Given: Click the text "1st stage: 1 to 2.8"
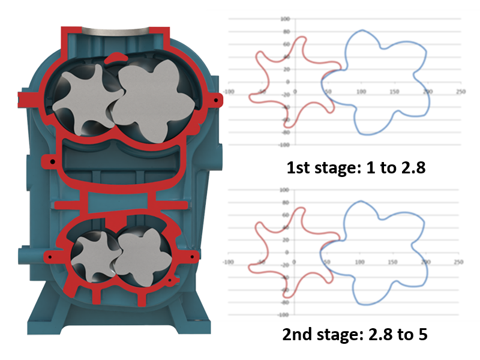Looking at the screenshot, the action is click(356, 168).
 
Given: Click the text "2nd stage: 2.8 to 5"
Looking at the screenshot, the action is click(355, 334).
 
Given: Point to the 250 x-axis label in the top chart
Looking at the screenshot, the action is click(460, 92).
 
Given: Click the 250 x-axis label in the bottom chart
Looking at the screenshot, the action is click(458, 262).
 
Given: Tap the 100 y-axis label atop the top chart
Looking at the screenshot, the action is click(285, 19).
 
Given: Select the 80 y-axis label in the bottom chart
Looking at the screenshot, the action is click(286, 202).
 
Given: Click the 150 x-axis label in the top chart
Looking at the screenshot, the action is click(394, 92).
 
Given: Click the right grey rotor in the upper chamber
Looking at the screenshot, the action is click(153, 101).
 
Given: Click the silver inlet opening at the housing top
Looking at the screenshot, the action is click(115, 32).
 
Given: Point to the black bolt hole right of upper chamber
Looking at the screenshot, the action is click(216, 100).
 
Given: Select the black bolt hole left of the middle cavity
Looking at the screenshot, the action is click(53, 161).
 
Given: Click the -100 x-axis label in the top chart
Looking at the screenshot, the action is click(229, 92).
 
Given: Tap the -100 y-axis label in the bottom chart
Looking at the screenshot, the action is click(283, 314).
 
